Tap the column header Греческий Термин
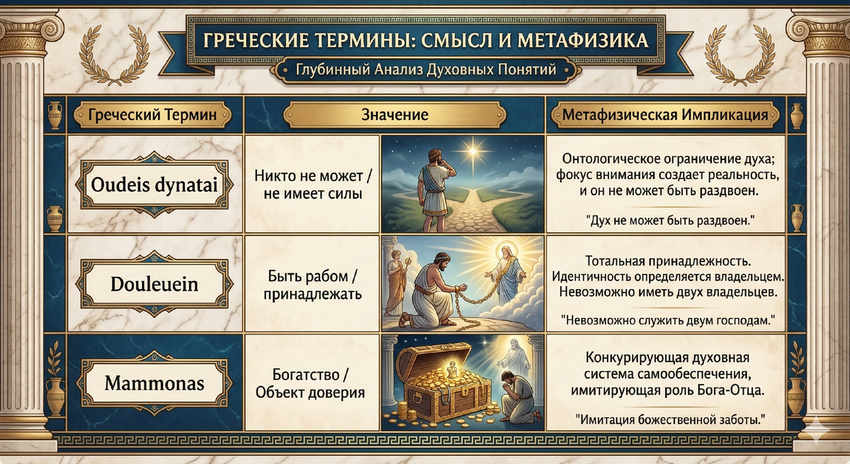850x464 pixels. point(155,115)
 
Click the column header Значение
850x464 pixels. point(395,115)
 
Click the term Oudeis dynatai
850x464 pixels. point(154,186)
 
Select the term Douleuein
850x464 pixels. point(154,285)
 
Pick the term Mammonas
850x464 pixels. point(154,384)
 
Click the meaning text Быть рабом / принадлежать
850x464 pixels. point(312,285)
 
